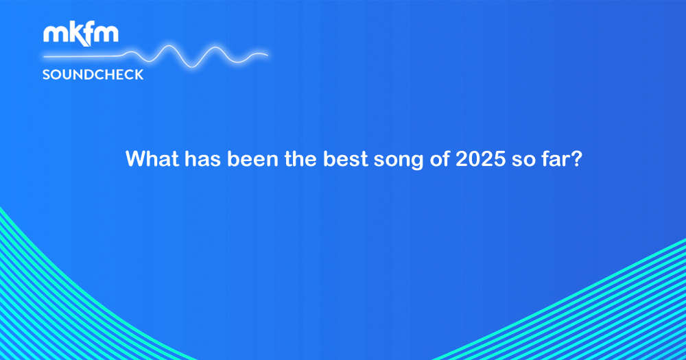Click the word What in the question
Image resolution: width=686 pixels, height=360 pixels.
(152, 158)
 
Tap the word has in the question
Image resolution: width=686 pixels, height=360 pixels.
(202, 158)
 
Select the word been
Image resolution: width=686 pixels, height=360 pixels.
(253, 158)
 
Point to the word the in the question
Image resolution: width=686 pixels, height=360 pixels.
(300, 158)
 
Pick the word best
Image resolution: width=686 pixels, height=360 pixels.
(346, 158)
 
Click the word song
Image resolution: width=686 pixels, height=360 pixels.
(399, 160)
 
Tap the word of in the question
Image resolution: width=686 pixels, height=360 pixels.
(439, 158)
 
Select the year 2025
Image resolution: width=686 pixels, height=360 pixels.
(481, 158)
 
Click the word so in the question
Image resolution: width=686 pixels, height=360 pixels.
(523, 160)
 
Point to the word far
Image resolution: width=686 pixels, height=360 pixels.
(556, 158)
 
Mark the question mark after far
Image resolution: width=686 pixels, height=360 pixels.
(577, 158)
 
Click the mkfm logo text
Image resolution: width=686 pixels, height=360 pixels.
(81, 34)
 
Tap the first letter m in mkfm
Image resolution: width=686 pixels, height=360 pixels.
(54, 34)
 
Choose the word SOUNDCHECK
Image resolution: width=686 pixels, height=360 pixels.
(93, 75)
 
